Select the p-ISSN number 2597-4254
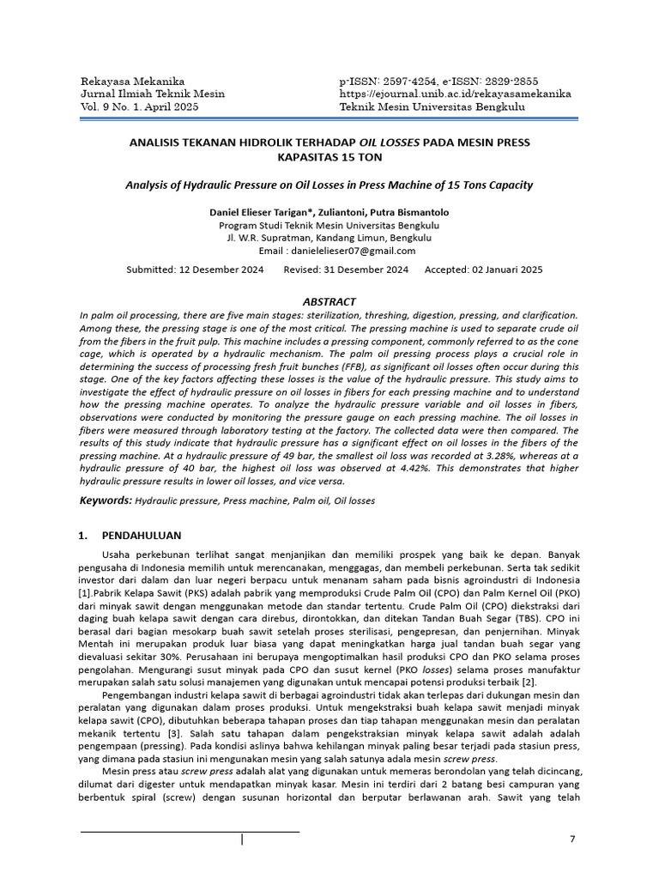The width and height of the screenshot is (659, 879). [x=413, y=81]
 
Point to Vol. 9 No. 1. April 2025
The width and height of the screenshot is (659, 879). [x=138, y=106]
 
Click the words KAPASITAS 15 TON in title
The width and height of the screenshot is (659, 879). [x=329, y=158]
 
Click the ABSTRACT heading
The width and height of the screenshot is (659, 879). [x=329, y=302]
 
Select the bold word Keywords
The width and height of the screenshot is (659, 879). [x=106, y=500]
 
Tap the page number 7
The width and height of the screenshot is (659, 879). [x=573, y=839]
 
